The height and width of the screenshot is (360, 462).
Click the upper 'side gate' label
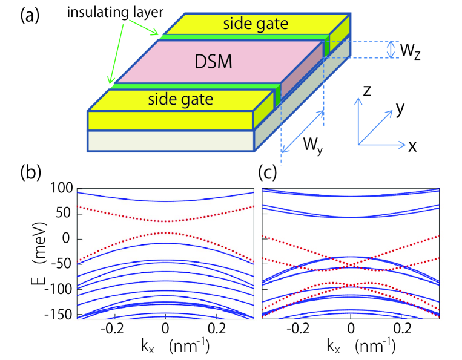256,24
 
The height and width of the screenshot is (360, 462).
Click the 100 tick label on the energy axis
62,189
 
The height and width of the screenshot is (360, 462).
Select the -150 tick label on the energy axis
59,315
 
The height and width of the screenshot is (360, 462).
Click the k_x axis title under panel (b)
145,346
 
